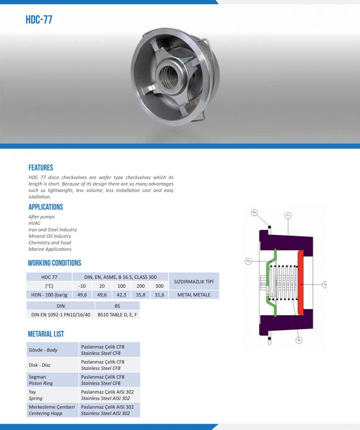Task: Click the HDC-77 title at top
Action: (x=39, y=19)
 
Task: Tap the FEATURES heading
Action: (x=41, y=168)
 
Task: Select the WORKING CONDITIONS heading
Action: (x=55, y=263)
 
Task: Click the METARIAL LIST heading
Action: (x=46, y=334)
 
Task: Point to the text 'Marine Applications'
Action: (x=50, y=249)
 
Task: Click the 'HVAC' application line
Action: (x=34, y=223)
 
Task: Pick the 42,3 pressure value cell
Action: (x=121, y=295)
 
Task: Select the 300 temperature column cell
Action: (x=159, y=286)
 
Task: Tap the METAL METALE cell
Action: (x=194, y=295)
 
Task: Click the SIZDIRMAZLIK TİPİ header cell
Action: (x=194, y=281)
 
